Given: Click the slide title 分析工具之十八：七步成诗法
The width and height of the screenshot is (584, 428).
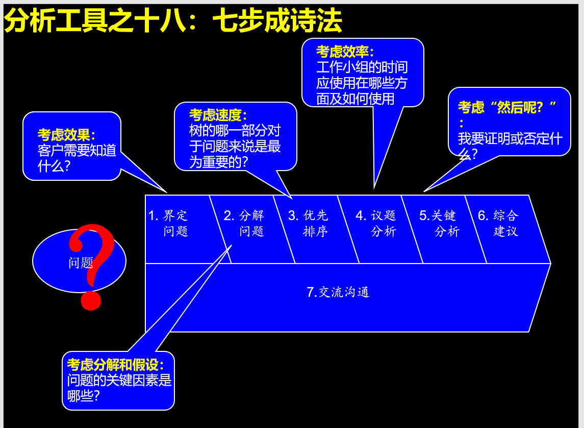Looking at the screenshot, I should coord(172,21).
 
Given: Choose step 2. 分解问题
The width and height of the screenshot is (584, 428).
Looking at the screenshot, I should coord(245,223).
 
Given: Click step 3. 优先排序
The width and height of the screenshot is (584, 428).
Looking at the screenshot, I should coord(309,223).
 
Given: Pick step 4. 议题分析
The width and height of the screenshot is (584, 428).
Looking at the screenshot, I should coord(376,223).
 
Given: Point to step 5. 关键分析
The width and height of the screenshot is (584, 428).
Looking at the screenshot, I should coord(439,223).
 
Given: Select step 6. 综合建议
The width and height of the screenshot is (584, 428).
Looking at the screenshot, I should coord(499,223).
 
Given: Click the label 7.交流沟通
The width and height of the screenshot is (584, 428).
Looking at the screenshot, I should coord(338,292).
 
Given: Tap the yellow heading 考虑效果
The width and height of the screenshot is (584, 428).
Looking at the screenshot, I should coord(66,135).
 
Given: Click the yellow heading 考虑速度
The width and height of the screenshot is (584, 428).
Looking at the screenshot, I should coord(218,115).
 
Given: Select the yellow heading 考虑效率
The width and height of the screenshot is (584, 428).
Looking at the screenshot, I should coord(345,52).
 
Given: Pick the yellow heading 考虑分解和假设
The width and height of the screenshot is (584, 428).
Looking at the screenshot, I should coord(116,365).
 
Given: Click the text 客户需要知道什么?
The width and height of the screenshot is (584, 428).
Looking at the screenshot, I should coord(77,158).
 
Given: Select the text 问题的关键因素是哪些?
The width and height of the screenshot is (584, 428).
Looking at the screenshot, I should coord(118,388).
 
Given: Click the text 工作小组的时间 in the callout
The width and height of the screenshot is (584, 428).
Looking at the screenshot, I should coord(362,67).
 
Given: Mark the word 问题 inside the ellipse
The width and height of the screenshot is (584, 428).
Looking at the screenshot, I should coord(81,263).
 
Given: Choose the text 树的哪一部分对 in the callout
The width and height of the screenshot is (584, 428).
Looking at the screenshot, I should coord(235,131).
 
